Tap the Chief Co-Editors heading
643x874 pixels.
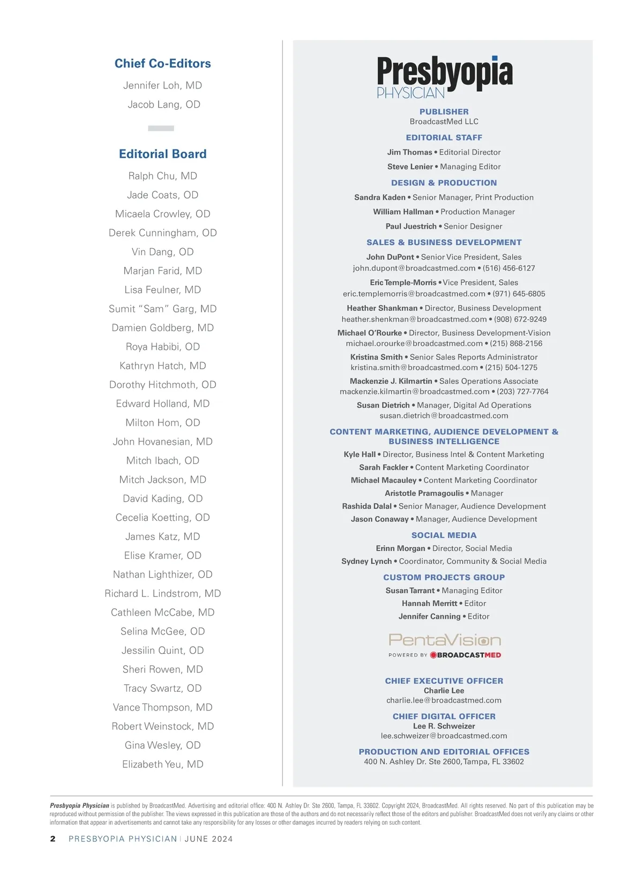(162, 63)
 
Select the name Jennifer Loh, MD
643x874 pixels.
(162, 85)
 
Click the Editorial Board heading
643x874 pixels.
(162, 154)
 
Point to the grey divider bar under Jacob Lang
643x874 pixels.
(161, 128)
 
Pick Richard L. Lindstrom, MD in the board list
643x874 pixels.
(162, 593)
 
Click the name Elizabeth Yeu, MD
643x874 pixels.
(162, 764)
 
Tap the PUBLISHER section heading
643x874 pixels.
(444, 111)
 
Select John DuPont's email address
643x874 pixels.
(414, 268)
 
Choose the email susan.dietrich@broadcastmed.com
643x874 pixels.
(444, 415)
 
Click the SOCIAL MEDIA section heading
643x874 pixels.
(444, 535)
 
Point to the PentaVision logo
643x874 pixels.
(444, 640)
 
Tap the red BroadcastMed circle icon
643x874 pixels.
(433, 655)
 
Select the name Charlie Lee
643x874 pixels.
(444, 691)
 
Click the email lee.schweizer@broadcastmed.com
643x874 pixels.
(444, 736)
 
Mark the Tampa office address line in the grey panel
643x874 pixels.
(444, 761)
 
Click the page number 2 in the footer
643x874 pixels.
(53, 839)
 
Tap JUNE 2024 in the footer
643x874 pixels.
(208, 839)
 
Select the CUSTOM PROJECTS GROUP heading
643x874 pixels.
(444, 577)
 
